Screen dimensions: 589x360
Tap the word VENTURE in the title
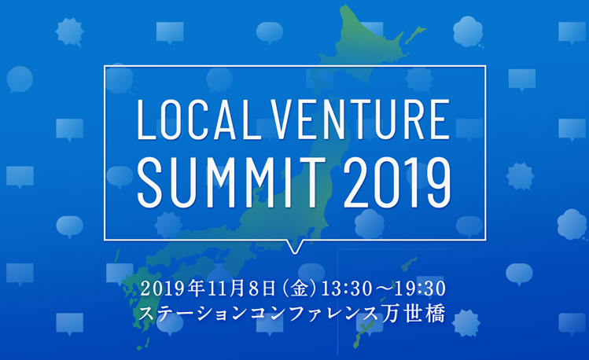click(360, 119)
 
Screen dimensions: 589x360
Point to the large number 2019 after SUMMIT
click(397, 182)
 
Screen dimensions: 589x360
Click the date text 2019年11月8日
click(210, 288)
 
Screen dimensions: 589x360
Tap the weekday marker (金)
click(300, 288)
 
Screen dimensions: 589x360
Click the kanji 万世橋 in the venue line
click(414, 313)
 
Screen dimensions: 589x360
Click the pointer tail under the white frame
click(294, 246)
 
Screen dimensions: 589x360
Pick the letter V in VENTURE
click(282, 119)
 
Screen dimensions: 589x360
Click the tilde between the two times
click(384, 288)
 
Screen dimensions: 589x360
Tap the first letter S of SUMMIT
click(150, 182)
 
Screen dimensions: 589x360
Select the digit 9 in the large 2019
click(438, 182)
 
